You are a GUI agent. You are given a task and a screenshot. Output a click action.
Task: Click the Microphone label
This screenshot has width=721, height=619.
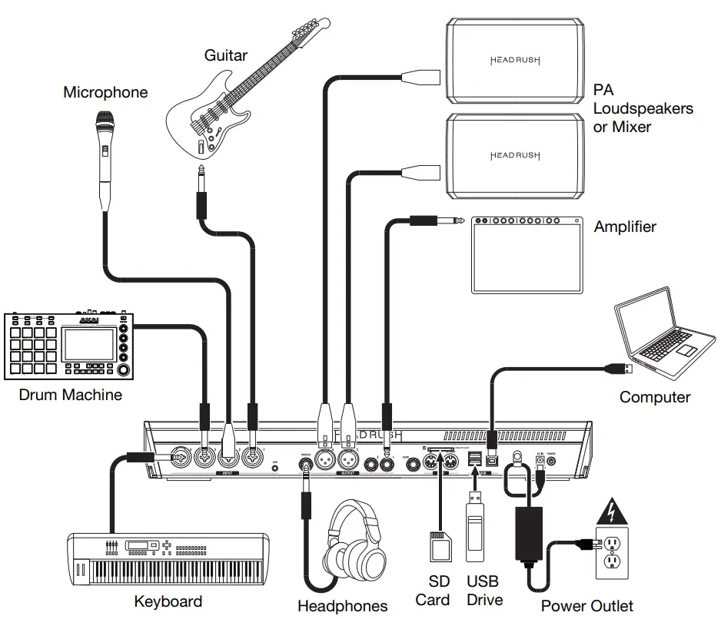pyautogui.click(x=105, y=93)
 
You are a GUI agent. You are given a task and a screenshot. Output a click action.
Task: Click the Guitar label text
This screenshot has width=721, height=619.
pyautogui.click(x=226, y=55)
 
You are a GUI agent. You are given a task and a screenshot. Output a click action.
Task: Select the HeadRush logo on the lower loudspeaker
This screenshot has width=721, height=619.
pyautogui.click(x=515, y=156)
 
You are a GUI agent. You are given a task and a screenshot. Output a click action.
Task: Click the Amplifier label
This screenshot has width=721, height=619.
pyautogui.click(x=625, y=227)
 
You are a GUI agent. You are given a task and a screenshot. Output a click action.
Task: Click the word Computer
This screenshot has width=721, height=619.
pyautogui.click(x=655, y=397)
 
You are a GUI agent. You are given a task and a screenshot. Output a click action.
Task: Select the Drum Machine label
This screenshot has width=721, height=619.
pyautogui.click(x=71, y=395)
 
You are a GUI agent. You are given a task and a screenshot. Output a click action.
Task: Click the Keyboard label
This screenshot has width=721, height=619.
pyautogui.click(x=168, y=601)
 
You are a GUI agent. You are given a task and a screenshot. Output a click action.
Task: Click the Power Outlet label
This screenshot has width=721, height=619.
pyautogui.click(x=587, y=606)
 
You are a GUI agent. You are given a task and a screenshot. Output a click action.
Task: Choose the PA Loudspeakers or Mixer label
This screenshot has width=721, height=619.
pyautogui.click(x=643, y=108)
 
